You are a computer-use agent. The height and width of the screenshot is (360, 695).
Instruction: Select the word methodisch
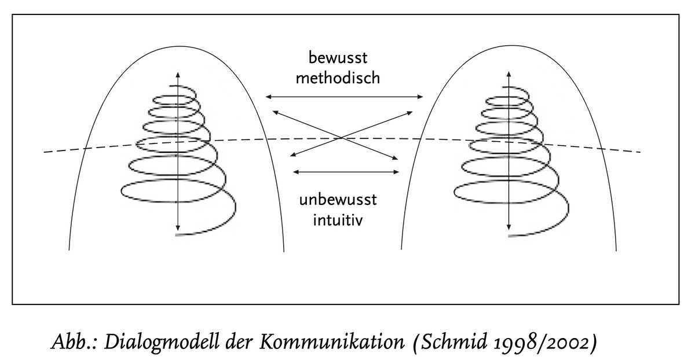coord(338,78)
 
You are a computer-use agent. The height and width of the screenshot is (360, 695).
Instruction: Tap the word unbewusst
coord(338,201)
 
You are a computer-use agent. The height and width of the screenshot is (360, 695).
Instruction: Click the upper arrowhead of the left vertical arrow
coord(177,73)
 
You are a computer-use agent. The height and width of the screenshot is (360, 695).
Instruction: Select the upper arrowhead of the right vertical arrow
coord(509,73)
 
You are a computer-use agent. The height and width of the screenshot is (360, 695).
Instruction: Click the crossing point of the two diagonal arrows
coord(344,138)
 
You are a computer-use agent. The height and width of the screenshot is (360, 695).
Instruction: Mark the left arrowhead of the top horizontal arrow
coord(267,97)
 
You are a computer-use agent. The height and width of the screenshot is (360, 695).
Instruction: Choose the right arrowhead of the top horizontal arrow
coord(422,97)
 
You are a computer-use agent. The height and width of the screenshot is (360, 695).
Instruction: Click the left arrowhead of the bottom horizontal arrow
coord(296,171)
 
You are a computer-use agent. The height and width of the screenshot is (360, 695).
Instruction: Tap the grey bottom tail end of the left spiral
coord(178,236)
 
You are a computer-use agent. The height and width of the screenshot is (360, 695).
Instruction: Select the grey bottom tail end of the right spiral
coord(510,236)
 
